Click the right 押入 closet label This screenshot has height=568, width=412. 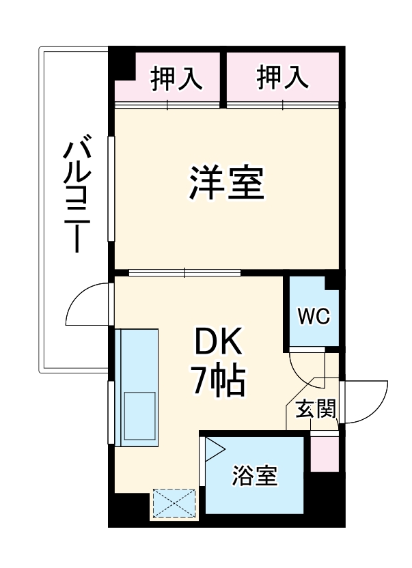pos(283,79)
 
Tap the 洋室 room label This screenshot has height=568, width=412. pos(227,184)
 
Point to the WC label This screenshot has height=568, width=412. pos(314,316)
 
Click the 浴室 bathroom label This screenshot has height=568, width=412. pos(255,476)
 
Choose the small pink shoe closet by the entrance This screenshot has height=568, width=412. pos(324,453)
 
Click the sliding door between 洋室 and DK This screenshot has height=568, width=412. pos(184,272)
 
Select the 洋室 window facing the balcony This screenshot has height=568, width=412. pos(111,188)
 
